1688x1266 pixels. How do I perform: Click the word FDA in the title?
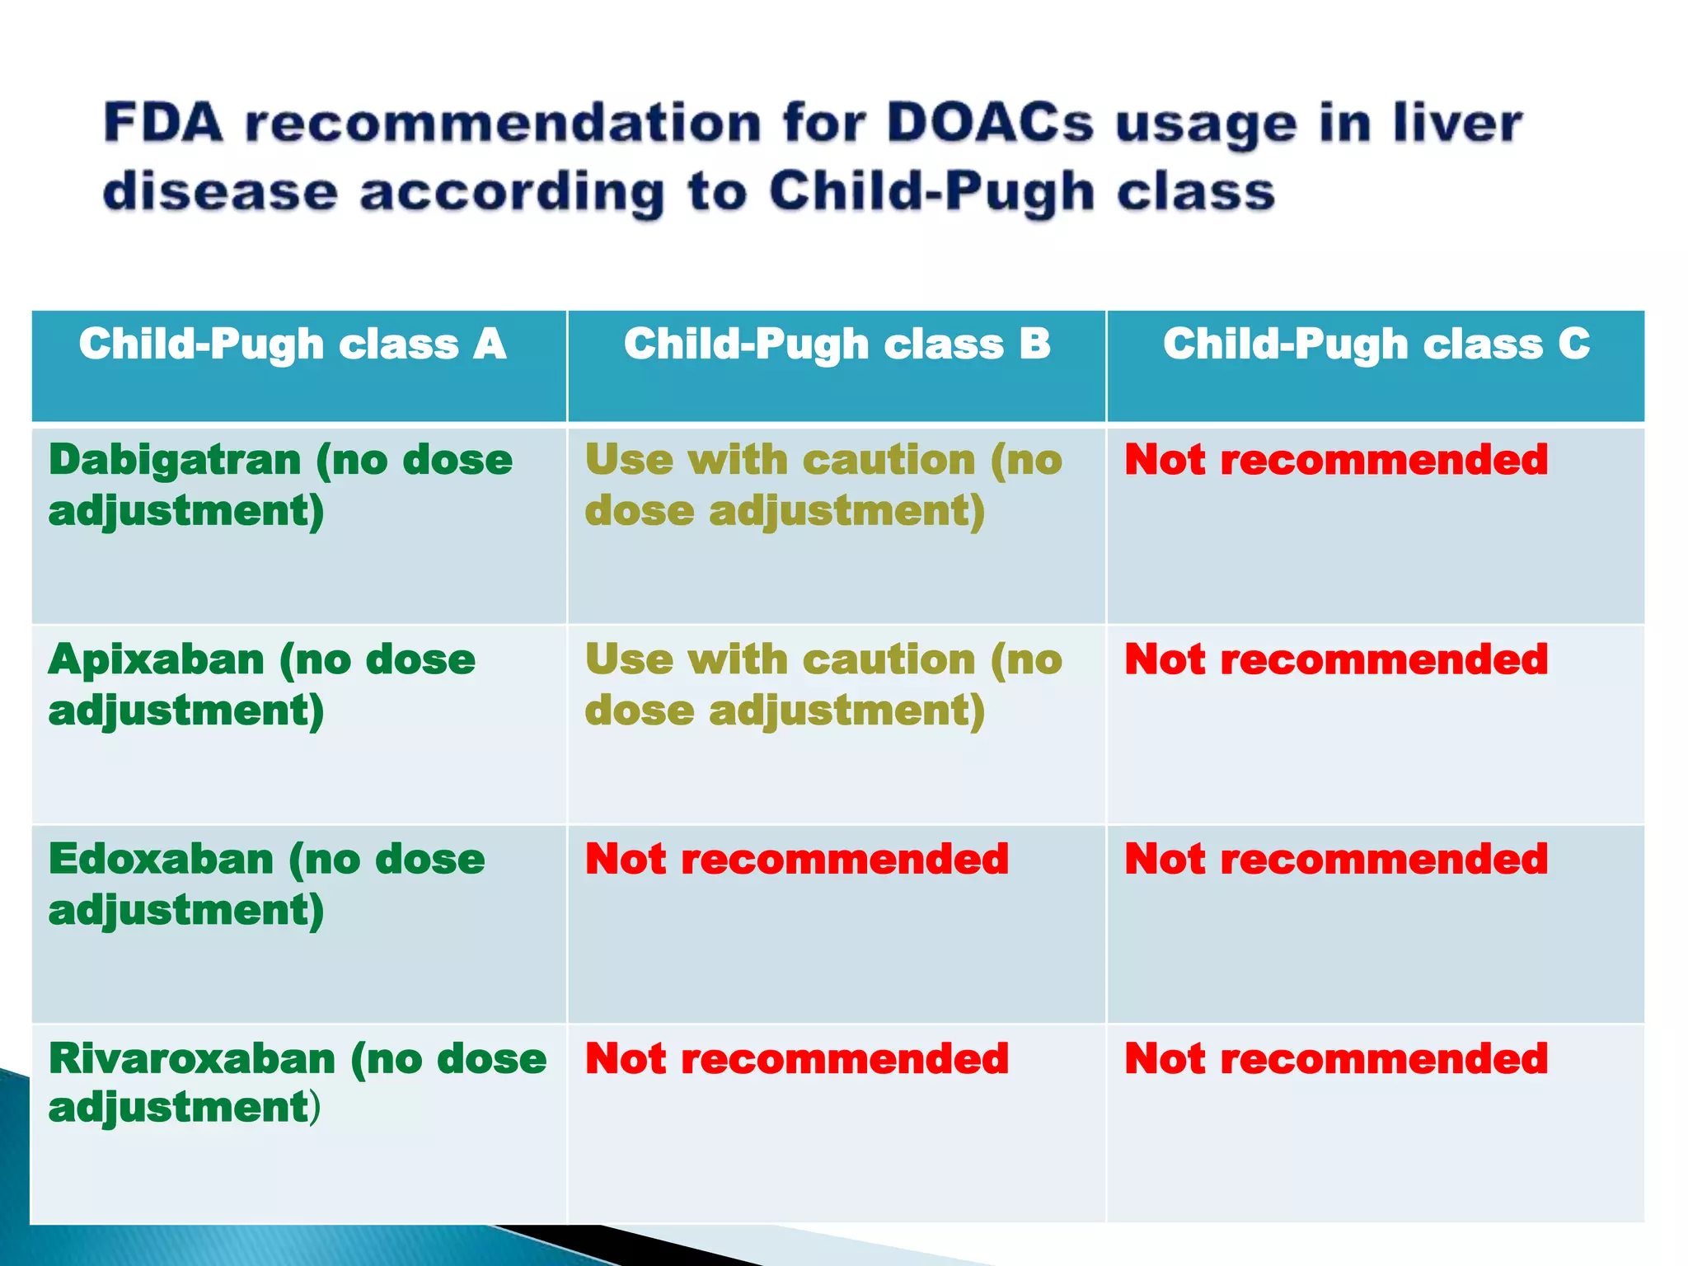pyautogui.click(x=163, y=124)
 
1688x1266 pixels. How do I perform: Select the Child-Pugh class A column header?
pyautogui.click(x=293, y=344)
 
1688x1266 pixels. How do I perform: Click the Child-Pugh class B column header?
pyautogui.click(x=837, y=344)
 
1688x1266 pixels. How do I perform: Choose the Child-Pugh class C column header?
pyautogui.click(x=1376, y=344)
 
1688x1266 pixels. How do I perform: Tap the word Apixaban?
pyautogui.click(x=157, y=659)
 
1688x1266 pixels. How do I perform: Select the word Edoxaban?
pyautogui.click(x=161, y=859)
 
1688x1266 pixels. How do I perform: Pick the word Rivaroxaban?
pyautogui.click(x=191, y=1058)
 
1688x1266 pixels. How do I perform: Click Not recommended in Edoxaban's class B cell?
pyautogui.click(x=796, y=859)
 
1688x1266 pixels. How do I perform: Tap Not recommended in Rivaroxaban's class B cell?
pyautogui.click(x=796, y=1058)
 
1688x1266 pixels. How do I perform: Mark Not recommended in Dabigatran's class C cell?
pyautogui.click(x=1336, y=459)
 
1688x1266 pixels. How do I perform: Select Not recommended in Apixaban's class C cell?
pyautogui.click(x=1336, y=659)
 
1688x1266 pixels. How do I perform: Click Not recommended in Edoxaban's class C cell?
pyautogui.click(x=1336, y=859)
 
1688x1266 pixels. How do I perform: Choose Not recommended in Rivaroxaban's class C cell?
pyautogui.click(x=1336, y=1058)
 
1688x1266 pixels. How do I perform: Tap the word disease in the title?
pyautogui.click(x=220, y=191)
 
